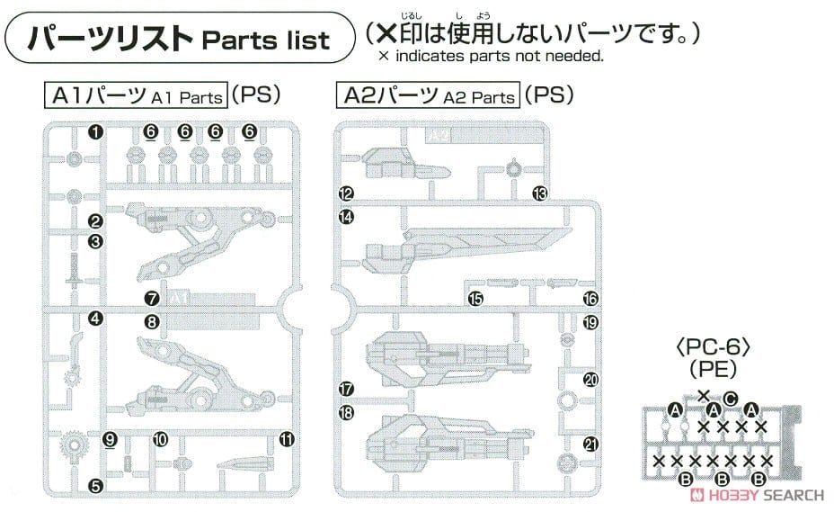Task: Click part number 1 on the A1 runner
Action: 95,132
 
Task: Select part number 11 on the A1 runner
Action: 287,440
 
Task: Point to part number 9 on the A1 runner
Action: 111,440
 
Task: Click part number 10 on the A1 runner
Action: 160,440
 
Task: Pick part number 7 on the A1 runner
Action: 151,298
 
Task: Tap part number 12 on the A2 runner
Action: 346,193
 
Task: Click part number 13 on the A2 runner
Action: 539,193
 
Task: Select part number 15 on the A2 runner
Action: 475,299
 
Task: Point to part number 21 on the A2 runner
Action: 590,442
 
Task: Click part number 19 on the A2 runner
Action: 590,322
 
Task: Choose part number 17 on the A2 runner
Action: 346,390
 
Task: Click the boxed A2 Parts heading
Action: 427,94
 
